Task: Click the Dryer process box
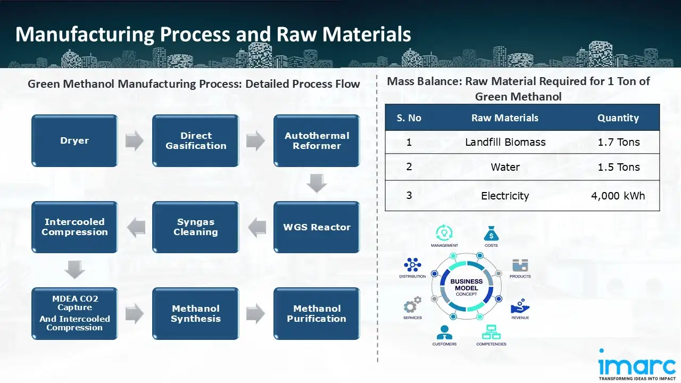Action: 74,141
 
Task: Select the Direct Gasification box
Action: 196,141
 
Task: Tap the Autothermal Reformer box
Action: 317,141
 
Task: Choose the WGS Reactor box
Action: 317,227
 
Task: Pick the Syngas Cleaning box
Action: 196,227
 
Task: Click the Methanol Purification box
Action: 317,314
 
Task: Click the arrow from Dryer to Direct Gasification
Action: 135,141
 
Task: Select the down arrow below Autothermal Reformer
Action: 317,184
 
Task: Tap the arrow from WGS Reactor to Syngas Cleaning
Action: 256,227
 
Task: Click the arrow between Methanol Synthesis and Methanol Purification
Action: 256,314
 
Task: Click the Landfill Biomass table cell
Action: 505,142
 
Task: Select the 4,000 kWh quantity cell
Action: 618,196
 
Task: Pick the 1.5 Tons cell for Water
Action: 618,167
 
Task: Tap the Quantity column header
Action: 618,118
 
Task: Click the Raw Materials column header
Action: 505,118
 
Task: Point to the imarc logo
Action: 637,365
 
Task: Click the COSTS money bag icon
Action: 491,234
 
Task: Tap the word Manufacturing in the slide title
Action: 85,34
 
